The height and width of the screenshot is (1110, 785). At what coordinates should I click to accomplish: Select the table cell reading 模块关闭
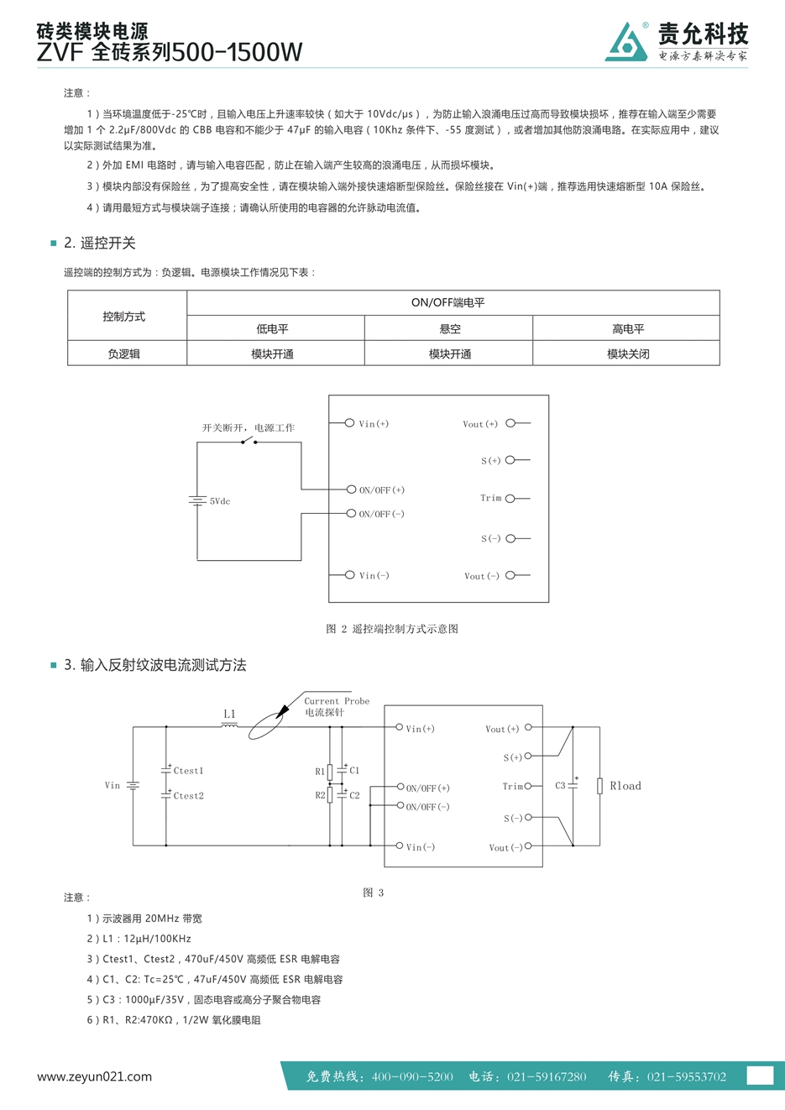click(626, 353)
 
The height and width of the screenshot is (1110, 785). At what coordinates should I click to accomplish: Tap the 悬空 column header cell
click(448, 328)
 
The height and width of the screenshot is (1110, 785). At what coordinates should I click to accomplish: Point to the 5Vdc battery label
click(219, 501)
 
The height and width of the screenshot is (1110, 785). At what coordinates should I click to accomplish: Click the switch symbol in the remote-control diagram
click(249, 441)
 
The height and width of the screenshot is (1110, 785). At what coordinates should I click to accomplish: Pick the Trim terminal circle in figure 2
click(510, 499)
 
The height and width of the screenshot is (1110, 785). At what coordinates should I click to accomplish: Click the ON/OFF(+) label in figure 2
click(382, 490)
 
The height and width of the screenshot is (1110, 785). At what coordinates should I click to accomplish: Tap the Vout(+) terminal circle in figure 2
click(510, 423)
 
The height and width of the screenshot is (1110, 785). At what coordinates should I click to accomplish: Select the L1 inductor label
click(229, 714)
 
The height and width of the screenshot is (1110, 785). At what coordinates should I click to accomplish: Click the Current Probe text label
click(337, 701)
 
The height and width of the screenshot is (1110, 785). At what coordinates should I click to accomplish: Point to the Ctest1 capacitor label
click(188, 771)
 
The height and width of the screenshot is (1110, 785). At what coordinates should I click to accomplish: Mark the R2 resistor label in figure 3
click(320, 795)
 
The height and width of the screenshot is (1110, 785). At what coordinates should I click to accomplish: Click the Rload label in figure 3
click(625, 786)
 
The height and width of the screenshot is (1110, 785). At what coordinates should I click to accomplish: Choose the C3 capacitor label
click(560, 785)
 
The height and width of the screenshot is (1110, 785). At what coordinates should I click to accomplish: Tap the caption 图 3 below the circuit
click(373, 893)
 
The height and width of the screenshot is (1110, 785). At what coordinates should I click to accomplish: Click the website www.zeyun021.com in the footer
click(94, 1076)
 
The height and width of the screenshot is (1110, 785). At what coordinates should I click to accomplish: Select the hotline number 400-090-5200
click(412, 1076)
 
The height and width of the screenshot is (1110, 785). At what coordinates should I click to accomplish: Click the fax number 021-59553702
click(687, 1076)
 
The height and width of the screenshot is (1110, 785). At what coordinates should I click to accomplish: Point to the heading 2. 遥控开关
click(100, 243)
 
